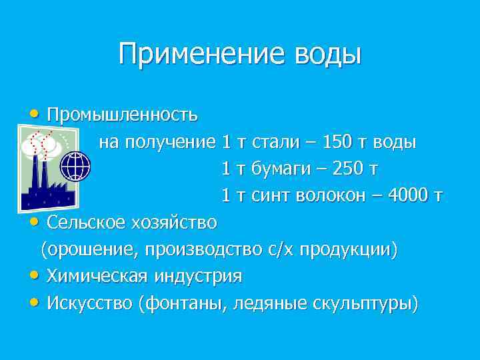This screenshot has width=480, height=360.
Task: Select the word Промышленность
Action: (122, 115)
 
